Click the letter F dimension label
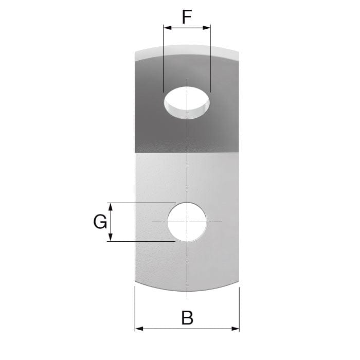click(x=187, y=17)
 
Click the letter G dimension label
click(x=100, y=222)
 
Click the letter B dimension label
click(x=187, y=318)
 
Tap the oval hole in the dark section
click(x=187, y=103)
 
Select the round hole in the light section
click(x=187, y=222)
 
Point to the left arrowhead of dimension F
click(x=168, y=28)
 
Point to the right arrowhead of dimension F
click(x=206, y=28)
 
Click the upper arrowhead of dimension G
click(x=111, y=207)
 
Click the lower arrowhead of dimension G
click(x=111, y=237)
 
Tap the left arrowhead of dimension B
click(x=139, y=329)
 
